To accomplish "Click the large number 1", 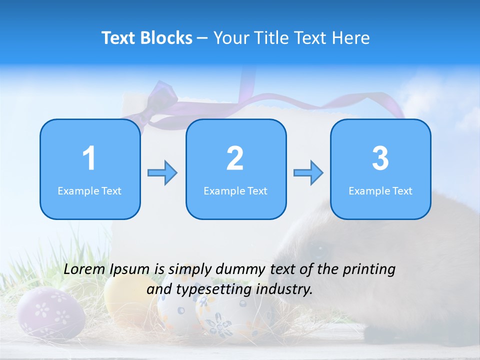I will coord(89,158).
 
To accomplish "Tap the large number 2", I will coord(235,158).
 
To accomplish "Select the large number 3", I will coord(380,158).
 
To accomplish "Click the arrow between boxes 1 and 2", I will coord(162,173).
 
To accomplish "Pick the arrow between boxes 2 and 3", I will coord(308,173).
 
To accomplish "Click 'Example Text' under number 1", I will coord(89,191).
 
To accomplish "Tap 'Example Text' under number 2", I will coord(235,191).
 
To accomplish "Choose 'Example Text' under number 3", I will coord(380,191).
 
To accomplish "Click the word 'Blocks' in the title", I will coord(167,38).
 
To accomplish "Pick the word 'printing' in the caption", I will coord(368,269).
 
